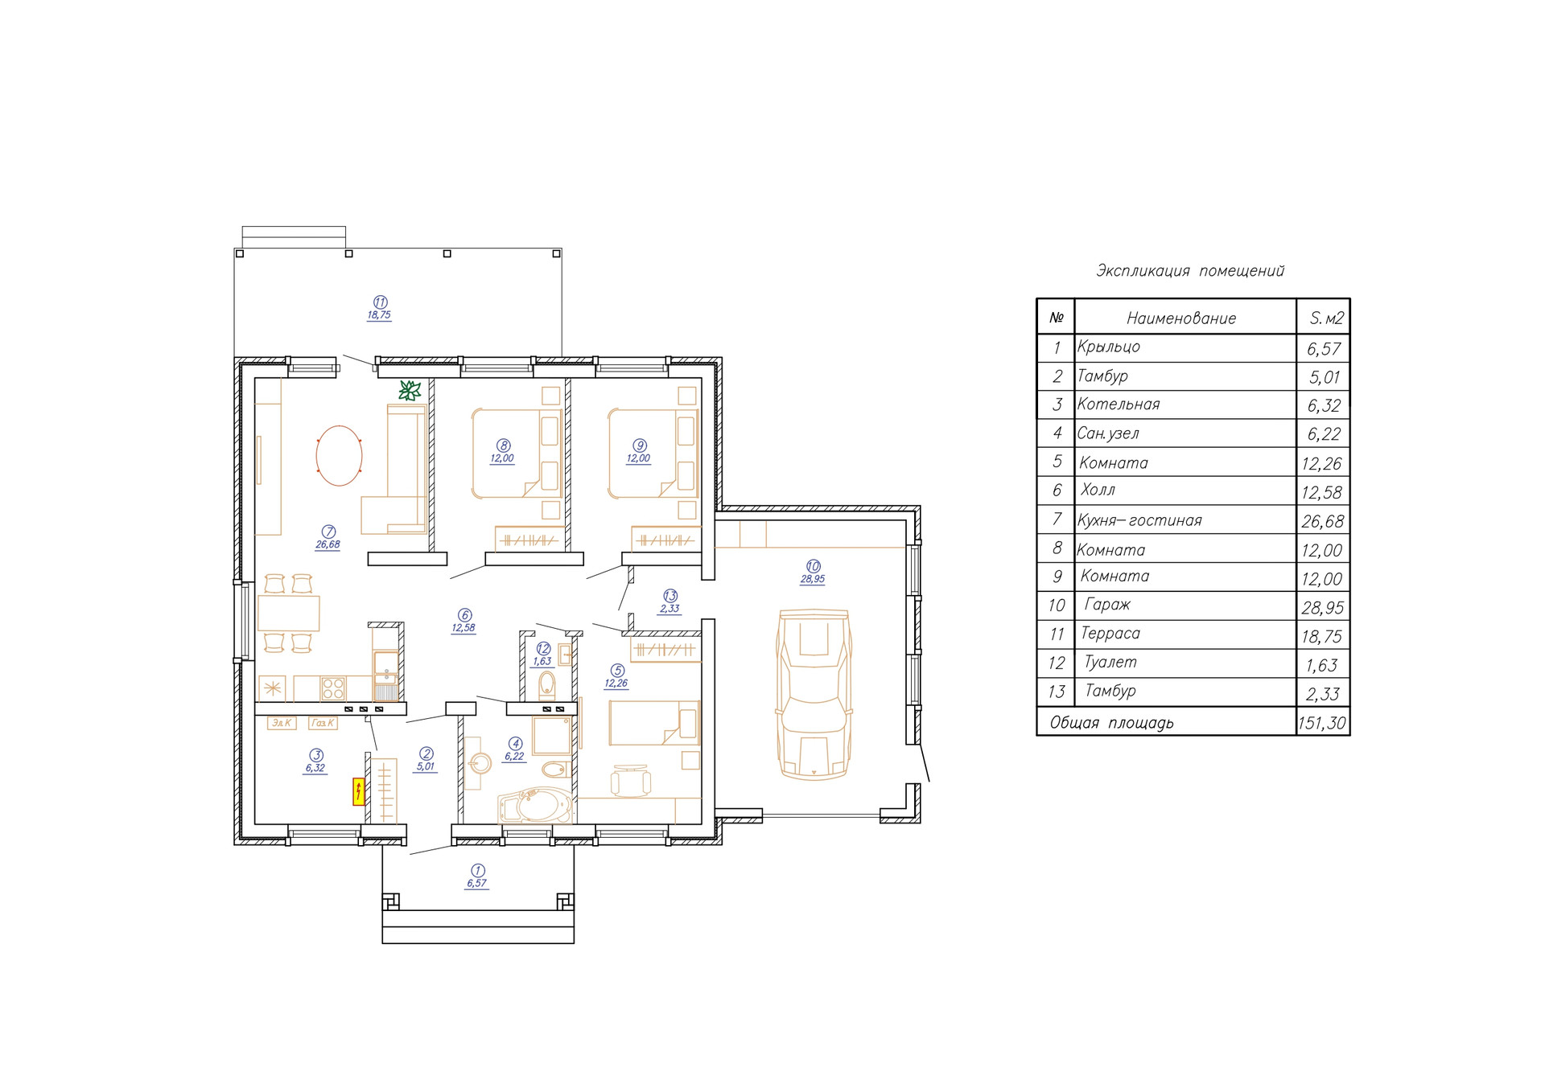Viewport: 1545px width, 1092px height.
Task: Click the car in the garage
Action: [814, 694]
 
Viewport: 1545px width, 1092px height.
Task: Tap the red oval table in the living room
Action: [339, 456]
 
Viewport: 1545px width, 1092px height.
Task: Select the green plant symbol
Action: [410, 391]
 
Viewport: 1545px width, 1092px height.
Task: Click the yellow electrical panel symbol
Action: [358, 791]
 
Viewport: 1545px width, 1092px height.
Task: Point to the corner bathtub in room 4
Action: [534, 805]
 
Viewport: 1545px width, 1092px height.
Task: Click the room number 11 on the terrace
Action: [380, 302]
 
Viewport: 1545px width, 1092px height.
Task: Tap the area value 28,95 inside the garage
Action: [813, 579]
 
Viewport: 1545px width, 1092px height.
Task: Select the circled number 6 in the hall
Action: [464, 616]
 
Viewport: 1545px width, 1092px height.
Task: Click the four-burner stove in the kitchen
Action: [333, 688]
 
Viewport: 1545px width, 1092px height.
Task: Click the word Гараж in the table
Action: [1107, 605]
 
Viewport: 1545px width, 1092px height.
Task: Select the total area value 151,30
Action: [1321, 723]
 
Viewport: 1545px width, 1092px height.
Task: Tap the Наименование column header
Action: [1181, 318]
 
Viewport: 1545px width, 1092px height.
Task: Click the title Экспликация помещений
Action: [1190, 271]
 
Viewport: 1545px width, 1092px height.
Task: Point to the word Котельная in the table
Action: [1119, 404]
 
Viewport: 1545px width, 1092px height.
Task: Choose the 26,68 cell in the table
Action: [1323, 521]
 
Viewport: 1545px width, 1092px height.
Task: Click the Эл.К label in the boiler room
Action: [281, 723]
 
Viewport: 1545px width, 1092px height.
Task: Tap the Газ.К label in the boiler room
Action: [323, 723]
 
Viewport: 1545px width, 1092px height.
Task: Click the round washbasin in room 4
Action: [480, 762]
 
